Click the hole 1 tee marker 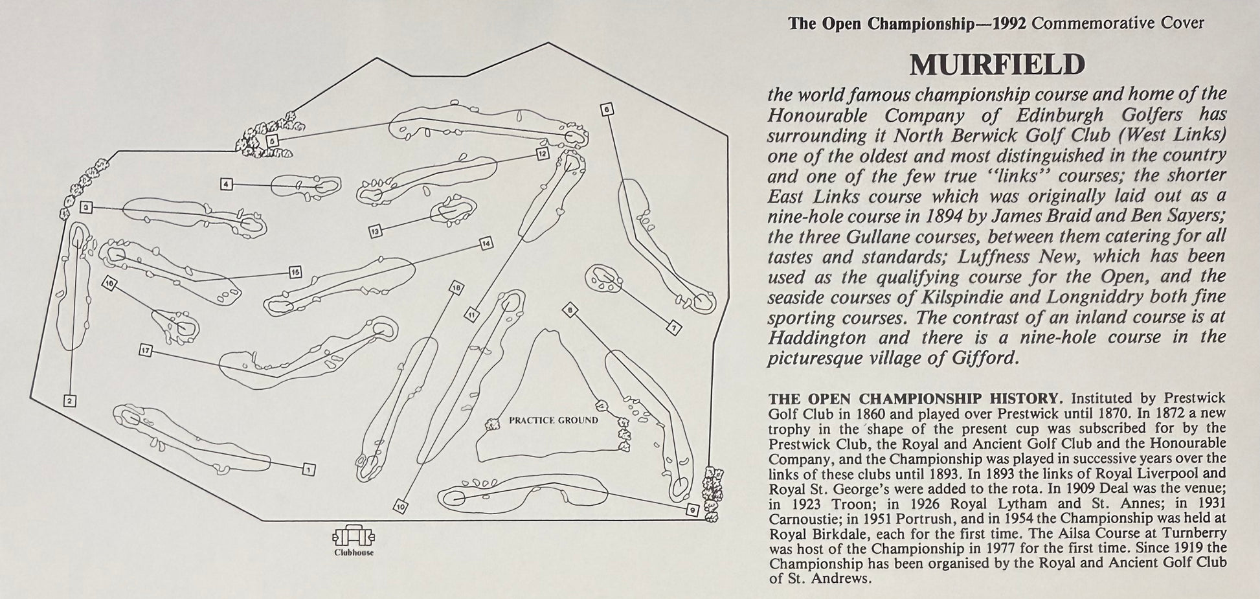tap(309, 469)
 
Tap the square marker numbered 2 tap(69, 401)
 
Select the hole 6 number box tap(607, 109)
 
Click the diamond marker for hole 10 tap(401, 507)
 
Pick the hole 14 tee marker tap(486, 243)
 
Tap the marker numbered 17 tap(146, 350)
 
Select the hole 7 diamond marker tap(674, 328)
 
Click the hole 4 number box tap(226, 185)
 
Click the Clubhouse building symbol tap(354, 536)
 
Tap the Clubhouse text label tap(354, 552)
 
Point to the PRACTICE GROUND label tap(554, 420)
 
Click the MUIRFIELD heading tap(997, 65)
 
